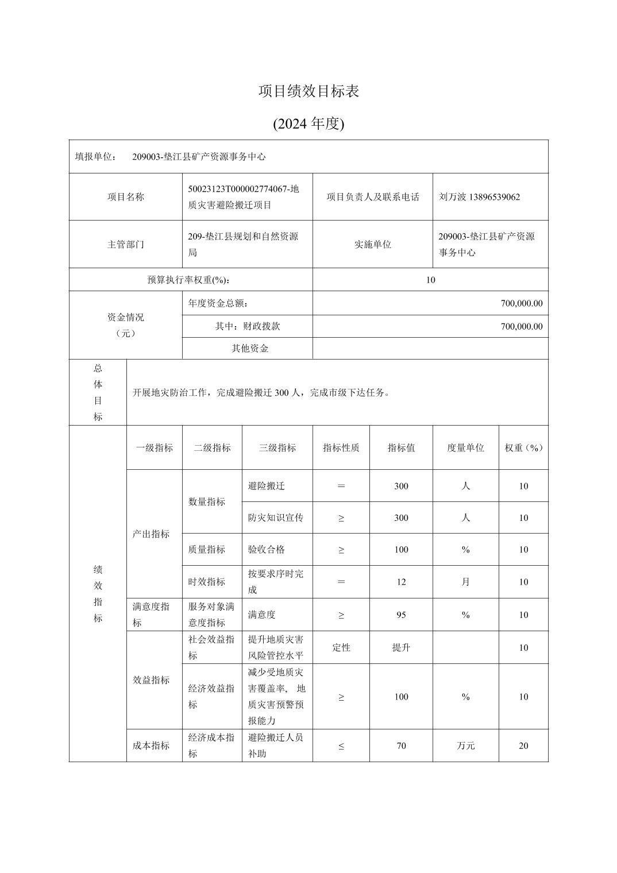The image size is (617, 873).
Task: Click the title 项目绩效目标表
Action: [x=308, y=91]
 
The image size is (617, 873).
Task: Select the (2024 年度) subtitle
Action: [x=308, y=123]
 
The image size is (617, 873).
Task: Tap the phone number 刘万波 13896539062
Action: [x=479, y=197]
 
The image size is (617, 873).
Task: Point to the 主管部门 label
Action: [x=126, y=244]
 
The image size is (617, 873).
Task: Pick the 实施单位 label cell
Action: [x=372, y=244]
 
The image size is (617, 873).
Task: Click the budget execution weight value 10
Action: [x=430, y=280]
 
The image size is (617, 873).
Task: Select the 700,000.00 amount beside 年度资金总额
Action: [x=521, y=303]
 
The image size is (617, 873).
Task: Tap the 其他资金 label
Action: [x=250, y=348]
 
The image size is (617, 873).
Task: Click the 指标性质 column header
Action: [x=341, y=447]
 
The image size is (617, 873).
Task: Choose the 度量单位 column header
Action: [x=465, y=447]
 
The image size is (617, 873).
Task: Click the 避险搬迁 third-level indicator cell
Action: [x=267, y=486]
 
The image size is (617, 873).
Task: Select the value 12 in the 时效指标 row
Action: [x=401, y=582]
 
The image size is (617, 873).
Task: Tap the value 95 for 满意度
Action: [x=401, y=615]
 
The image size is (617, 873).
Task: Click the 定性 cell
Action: [x=341, y=647]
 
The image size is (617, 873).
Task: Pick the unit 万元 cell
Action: [x=465, y=745]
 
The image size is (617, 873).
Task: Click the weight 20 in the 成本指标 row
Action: [x=523, y=745]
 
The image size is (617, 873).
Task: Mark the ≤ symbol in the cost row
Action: [x=341, y=745]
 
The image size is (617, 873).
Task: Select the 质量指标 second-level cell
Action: [x=207, y=549]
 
